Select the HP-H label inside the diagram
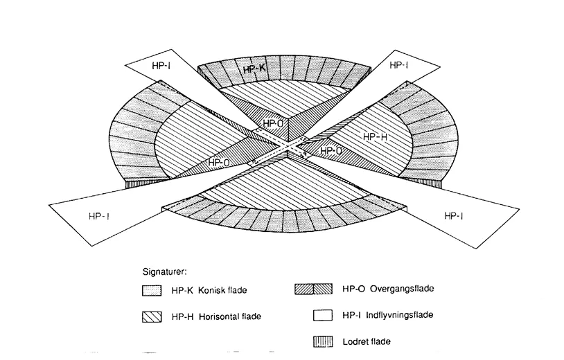point(374,137)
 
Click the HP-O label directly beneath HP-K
point(272,123)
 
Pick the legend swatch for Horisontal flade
point(150,316)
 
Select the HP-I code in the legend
point(351,316)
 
